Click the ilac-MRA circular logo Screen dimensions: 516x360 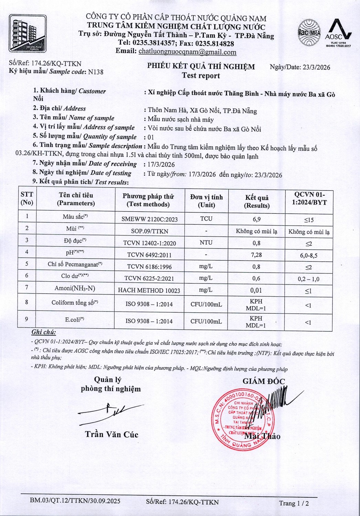click(x=309, y=33)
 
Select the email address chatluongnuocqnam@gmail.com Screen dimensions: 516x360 click(x=187, y=52)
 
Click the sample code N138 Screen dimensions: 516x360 click(x=96, y=72)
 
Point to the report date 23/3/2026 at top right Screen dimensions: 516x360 click(x=316, y=67)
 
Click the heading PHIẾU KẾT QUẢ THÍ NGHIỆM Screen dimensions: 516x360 click(x=201, y=66)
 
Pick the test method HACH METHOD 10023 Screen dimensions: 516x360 click(x=149, y=291)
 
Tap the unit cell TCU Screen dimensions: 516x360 click(x=206, y=219)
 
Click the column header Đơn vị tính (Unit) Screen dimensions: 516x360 click(x=207, y=201)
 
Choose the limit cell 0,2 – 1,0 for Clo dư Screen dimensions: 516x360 click(x=308, y=279)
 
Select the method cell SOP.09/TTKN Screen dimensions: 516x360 click(x=149, y=231)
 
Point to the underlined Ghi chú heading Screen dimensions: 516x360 click(x=43, y=332)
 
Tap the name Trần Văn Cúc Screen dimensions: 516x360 click(x=112, y=434)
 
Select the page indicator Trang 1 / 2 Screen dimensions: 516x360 click(x=294, y=503)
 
